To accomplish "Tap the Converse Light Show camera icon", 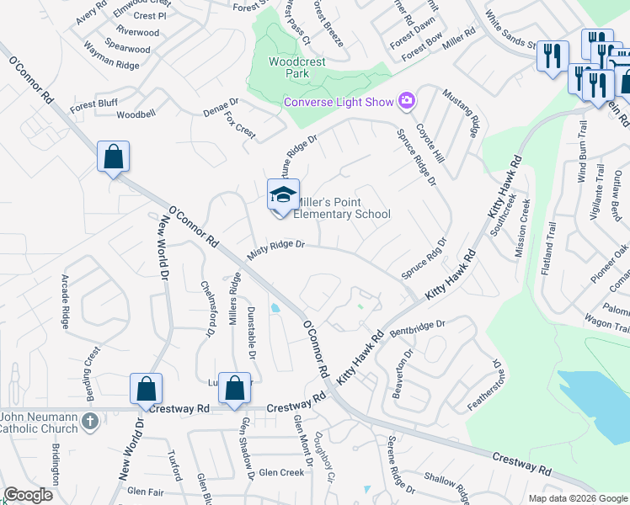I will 407,102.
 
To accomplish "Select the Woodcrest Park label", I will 288,67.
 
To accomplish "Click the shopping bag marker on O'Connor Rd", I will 113,156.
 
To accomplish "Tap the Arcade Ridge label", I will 65,300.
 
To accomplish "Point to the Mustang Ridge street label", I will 462,113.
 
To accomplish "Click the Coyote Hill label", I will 433,140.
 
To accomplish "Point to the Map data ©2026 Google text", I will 577,498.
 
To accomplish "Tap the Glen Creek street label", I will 281,473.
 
